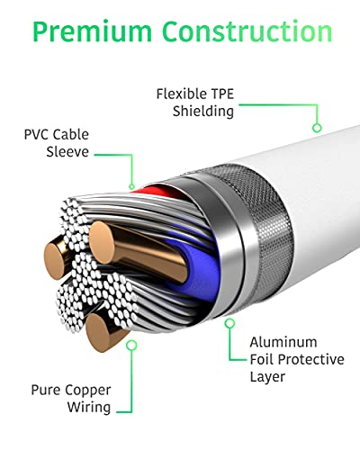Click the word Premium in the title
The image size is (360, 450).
(93, 32)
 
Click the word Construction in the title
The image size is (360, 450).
(247, 31)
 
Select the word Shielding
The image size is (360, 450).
(203, 112)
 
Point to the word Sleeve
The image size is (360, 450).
(67, 152)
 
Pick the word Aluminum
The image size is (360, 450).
(283, 342)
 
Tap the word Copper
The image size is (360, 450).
(88, 391)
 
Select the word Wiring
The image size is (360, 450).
(89, 408)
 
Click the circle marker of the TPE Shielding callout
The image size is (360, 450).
(317, 128)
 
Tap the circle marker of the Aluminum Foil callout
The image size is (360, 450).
(229, 323)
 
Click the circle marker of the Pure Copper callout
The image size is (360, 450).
(131, 345)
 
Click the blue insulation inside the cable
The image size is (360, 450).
(200, 270)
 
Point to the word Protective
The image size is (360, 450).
(311, 359)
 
